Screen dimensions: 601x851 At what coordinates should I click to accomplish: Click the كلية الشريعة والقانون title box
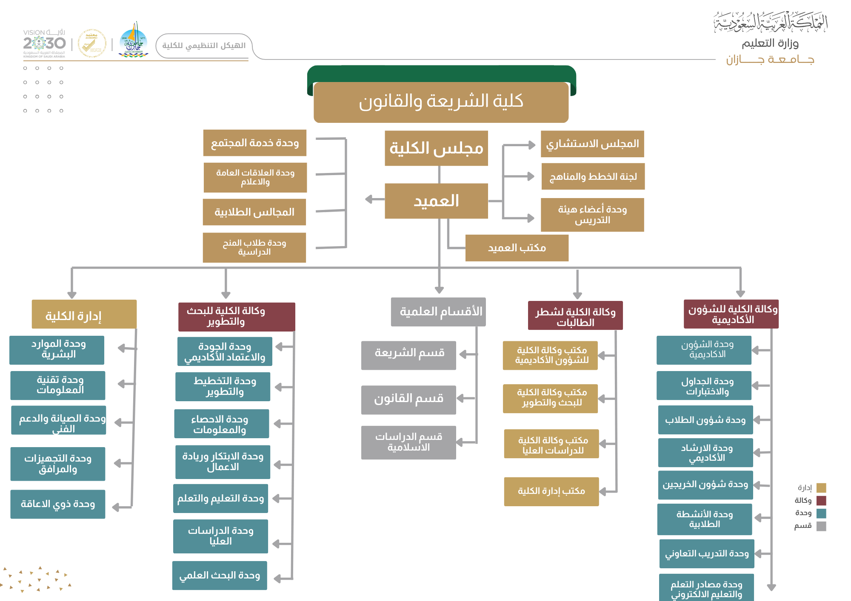pyautogui.click(x=441, y=102)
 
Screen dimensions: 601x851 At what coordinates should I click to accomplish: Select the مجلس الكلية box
pyautogui.click(x=436, y=148)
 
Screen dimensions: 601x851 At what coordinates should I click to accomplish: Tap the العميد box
pyautogui.click(x=436, y=201)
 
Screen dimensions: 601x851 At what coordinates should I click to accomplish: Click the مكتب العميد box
pyautogui.click(x=517, y=248)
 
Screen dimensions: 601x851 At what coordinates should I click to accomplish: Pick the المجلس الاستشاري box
pyautogui.click(x=592, y=144)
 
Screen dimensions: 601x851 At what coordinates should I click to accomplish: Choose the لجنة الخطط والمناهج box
pyautogui.click(x=593, y=176)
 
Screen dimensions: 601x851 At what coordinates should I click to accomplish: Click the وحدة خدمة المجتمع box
pyautogui.click(x=254, y=143)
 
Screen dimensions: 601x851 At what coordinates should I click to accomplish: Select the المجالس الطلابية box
pyautogui.click(x=254, y=212)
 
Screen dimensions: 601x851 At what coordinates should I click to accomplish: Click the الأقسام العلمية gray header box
pyautogui.click(x=438, y=312)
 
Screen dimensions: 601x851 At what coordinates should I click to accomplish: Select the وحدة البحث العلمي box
pyautogui.click(x=220, y=575)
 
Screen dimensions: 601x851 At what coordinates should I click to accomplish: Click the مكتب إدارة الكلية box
pyautogui.click(x=551, y=491)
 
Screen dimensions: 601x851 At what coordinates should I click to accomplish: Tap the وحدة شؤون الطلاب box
pyautogui.click(x=705, y=420)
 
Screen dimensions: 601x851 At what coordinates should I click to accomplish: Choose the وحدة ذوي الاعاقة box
pyautogui.click(x=58, y=504)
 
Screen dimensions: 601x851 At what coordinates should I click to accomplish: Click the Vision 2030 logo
pyautogui.click(x=44, y=44)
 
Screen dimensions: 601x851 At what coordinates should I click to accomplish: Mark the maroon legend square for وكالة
pyautogui.click(x=821, y=500)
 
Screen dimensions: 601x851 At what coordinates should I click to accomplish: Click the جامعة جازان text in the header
pyautogui.click(x=770, y=60)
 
